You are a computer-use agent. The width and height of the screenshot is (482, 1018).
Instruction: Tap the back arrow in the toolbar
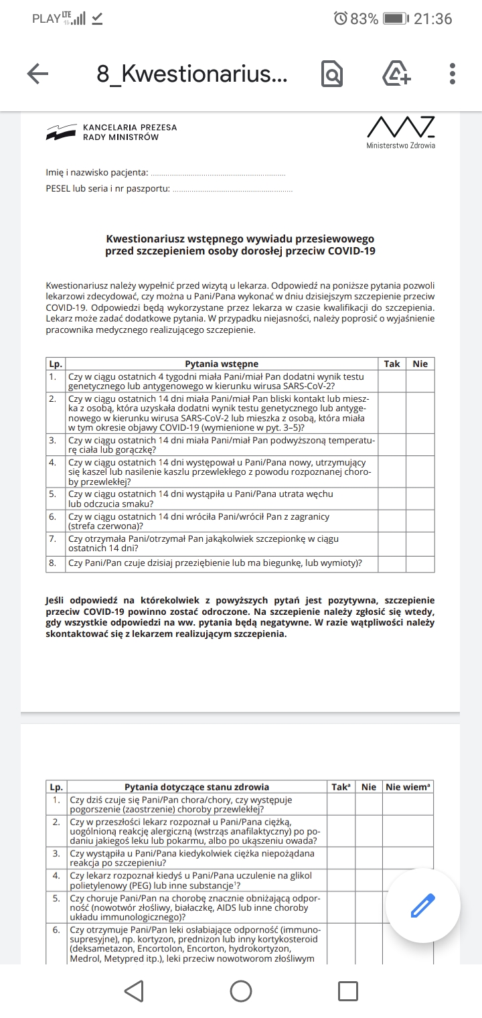[x=38, y=74]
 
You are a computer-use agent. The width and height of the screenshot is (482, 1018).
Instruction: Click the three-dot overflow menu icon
[x=453, y=74]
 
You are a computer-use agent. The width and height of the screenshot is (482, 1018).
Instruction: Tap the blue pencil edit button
[x=422, y=905]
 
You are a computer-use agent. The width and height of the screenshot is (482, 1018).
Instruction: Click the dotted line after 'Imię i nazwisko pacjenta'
[x=218, y=173]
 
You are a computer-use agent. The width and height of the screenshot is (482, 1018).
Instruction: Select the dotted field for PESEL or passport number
[x=232, y=189]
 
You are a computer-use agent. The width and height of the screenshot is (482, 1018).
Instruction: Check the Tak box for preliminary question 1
[x=392, y=381]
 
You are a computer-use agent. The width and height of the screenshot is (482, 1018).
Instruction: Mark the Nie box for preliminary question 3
[x=420, y=445]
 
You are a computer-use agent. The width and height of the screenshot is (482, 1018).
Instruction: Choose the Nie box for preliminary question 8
[x=420, y=564]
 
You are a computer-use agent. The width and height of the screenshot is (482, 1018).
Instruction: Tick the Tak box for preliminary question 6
[x=392, y=522]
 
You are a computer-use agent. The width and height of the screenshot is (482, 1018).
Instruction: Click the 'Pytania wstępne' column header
[x=222, y=364]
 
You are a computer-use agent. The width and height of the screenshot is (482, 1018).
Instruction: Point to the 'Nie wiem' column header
[x=408, y=787]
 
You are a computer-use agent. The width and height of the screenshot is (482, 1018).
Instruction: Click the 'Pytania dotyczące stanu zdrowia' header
[x=197, y=787]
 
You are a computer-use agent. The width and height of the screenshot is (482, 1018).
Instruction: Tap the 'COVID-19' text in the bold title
[x=351, y=251]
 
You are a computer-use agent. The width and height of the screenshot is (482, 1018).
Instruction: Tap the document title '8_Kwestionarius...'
[x=192, y=74]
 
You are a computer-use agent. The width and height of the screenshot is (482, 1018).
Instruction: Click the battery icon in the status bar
[x=396, y=19]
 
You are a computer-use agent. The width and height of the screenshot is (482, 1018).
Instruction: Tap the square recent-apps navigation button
[x=347, y=991]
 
